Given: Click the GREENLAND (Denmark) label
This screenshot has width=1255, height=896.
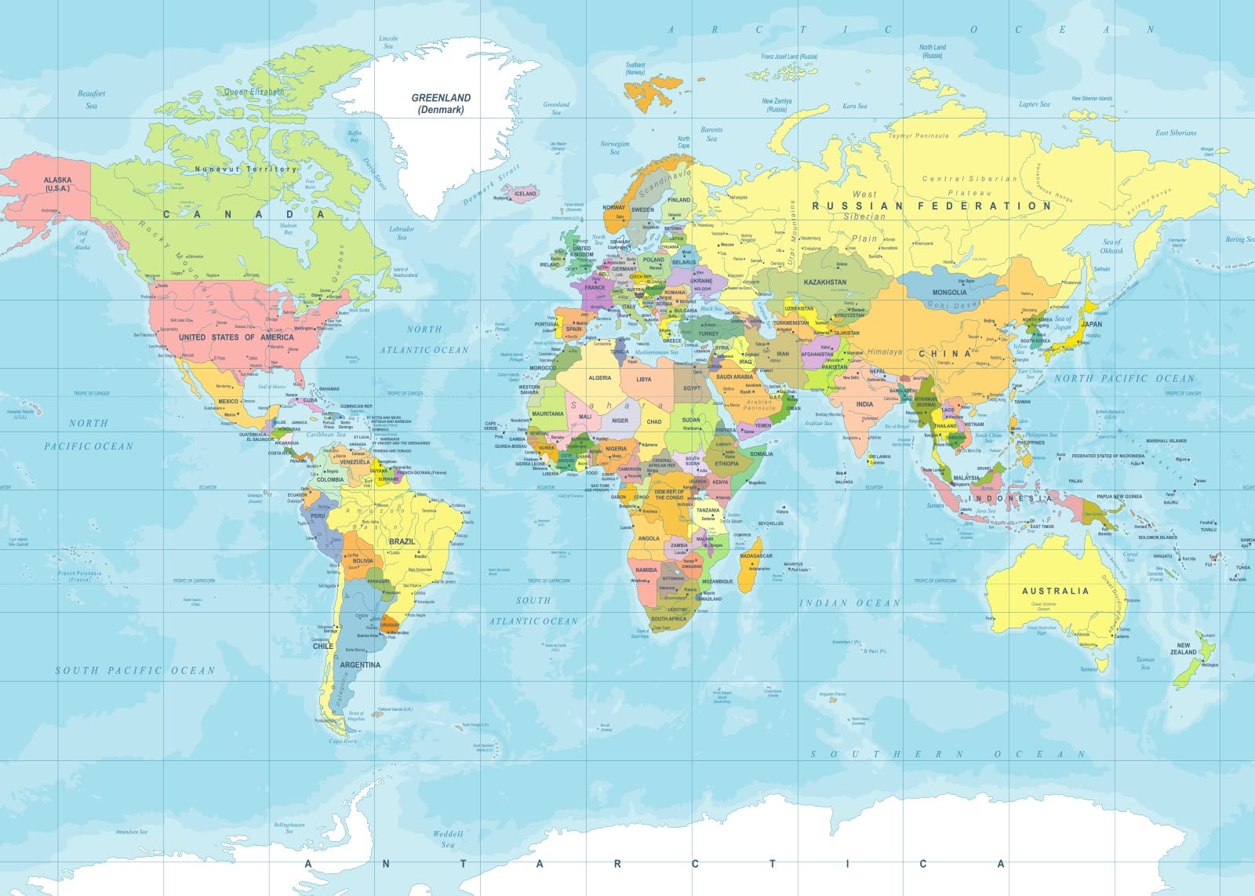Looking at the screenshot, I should pos(441,104).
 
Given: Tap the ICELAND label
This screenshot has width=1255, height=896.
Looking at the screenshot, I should pos(525,193).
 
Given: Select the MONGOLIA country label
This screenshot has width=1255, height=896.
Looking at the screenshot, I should pos(949,292).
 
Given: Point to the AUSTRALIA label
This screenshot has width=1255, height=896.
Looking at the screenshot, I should pos(1055,591).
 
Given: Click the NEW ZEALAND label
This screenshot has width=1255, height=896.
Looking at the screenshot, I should pos(1184,649).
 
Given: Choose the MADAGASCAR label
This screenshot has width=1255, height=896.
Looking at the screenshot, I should pos(755,555).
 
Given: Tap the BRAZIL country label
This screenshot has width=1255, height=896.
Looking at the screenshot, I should pos(402,541).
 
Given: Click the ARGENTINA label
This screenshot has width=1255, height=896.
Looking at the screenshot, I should pos(360,665).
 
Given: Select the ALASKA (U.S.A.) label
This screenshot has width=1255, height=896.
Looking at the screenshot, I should pos(57,184).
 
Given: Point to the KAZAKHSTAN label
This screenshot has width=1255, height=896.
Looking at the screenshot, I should pos(824,282).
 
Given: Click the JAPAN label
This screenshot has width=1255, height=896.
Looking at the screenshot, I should pos(1091,323).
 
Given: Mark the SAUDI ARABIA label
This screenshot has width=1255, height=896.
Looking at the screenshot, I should pos(734,377).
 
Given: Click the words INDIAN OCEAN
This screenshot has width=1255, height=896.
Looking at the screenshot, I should pos(849,603).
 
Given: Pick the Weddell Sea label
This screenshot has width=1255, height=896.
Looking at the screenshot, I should pos(448,839).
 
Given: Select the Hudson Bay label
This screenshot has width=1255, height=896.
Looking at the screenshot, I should pos(288,229).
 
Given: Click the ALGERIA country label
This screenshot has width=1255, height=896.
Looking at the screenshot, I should pos(599,378).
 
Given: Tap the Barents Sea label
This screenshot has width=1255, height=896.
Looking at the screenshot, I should pos(711,134).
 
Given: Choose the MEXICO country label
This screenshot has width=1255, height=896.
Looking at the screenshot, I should pos(227,401).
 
